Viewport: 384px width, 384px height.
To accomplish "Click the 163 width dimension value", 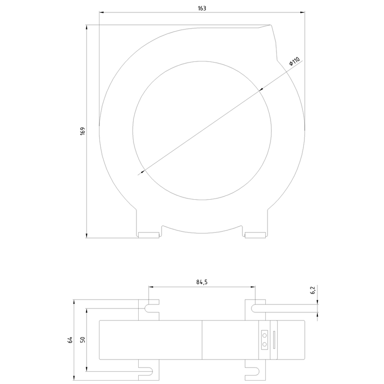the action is point(202,9).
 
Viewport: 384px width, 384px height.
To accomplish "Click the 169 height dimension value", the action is point(82,131).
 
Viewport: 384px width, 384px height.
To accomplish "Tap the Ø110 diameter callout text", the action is point(294,61).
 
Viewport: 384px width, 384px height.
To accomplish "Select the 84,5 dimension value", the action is point(202,282).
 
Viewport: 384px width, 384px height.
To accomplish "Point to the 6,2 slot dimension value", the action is point(313,290).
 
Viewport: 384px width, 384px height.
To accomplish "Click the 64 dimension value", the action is point(70,340).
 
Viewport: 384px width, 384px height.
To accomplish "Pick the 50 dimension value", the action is point(82,340).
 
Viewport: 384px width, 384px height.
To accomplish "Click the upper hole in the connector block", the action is point(264,335).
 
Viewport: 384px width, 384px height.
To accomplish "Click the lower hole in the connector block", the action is point(264,344).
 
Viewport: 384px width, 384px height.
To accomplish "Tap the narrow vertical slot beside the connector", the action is point(274,340).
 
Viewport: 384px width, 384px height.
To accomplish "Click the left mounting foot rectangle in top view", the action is point(148,235).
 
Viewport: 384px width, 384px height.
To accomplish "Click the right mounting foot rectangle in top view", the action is point(256,235).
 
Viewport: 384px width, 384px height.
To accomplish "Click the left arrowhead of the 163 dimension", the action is point(102,12).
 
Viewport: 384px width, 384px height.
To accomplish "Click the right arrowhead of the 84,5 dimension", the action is point(253,287).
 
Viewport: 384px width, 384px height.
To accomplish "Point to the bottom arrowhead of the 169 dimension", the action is point(87,236).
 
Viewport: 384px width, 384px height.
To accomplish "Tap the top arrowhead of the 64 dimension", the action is point(74,302).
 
